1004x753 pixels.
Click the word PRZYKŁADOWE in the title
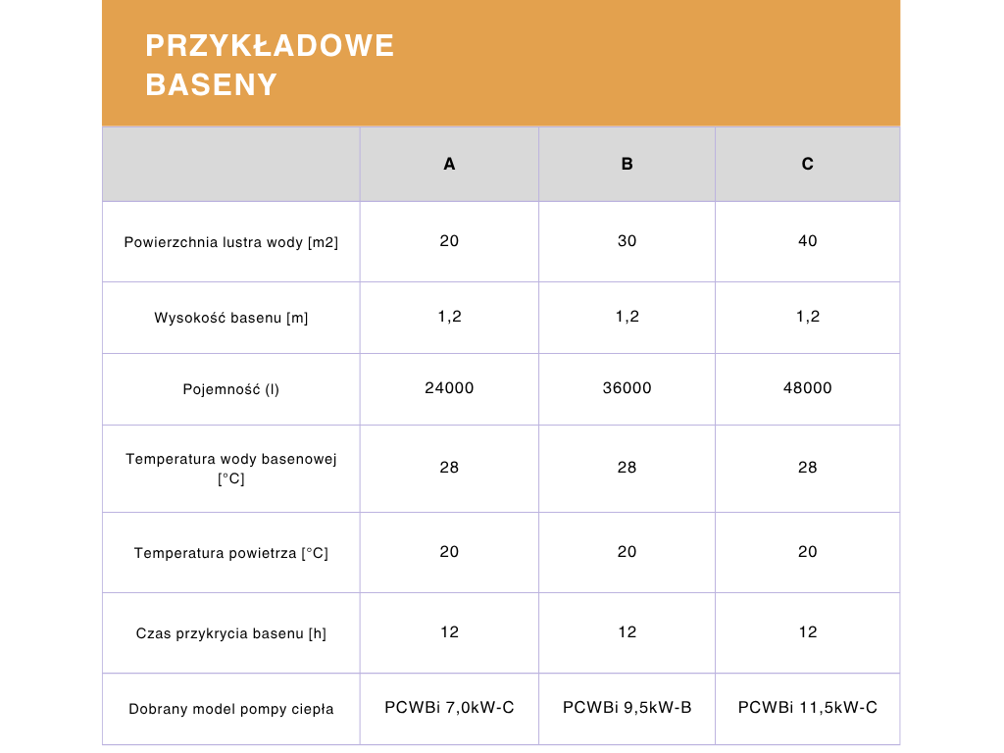pos(270,46)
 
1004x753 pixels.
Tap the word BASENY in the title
pos(211,85)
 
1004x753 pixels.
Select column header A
pos(449,164)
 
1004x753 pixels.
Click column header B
pos(627,164)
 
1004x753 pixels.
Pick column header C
pos(807,164)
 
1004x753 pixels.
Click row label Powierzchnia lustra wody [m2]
pos(231,242)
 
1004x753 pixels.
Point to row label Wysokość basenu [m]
pos(231,318)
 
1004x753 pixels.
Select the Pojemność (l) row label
pos(231,389)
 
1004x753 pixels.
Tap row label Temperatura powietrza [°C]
pos(231,553)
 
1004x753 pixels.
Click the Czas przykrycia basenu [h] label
pos(231,633)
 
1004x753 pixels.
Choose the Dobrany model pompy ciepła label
pos(231,709)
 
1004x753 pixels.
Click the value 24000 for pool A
pos(449,388)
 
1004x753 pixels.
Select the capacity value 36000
pos(627,388)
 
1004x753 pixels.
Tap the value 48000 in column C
pos(807,388)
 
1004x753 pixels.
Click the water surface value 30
pos(627,241)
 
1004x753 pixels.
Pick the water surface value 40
pos(807,241)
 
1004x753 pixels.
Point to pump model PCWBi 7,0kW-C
pos(449,707)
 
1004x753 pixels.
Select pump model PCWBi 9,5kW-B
pos(627,707)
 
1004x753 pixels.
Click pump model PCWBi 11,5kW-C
pos(807,707)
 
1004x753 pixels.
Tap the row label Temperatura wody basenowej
pos(231,459)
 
